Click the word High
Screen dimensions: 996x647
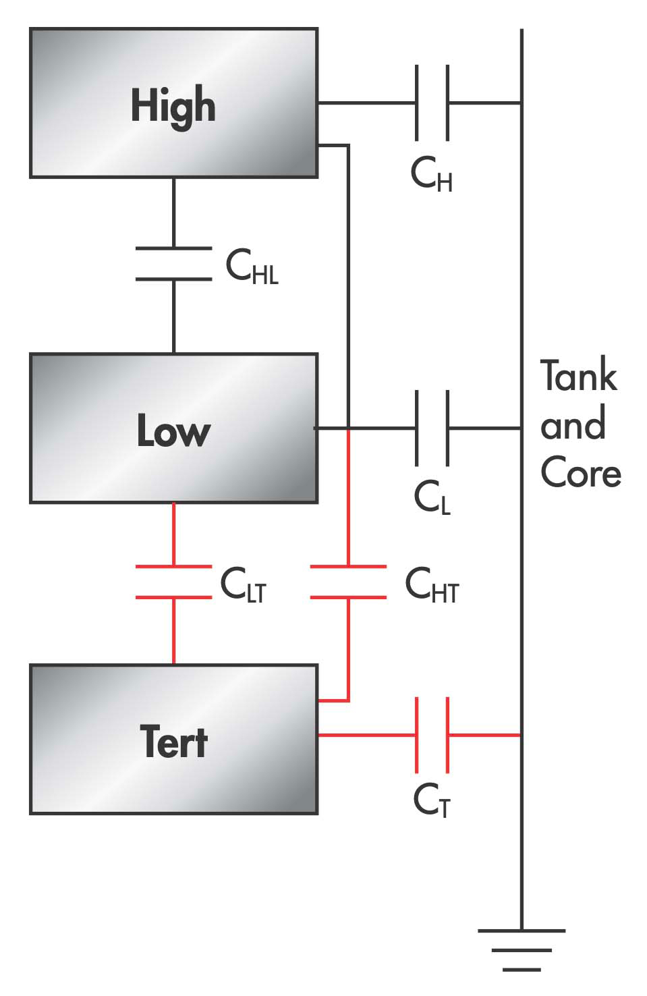coord(173,106)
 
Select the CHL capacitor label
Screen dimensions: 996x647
coord(252,266)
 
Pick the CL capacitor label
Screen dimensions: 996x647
coord(432,498)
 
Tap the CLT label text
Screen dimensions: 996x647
coord(244,584)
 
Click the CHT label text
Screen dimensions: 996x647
coord(432,585)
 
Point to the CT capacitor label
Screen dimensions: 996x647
coord(432,802)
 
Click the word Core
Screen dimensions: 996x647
coord(581,472)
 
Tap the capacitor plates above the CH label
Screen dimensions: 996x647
coord(432,103)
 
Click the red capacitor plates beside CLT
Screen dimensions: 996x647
coord(173,582)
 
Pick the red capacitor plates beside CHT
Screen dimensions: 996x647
coord(348,582)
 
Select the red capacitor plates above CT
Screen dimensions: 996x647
coord(432,735)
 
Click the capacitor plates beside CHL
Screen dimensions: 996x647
coord(173,264)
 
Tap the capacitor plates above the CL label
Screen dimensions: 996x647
coord(432,428)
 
